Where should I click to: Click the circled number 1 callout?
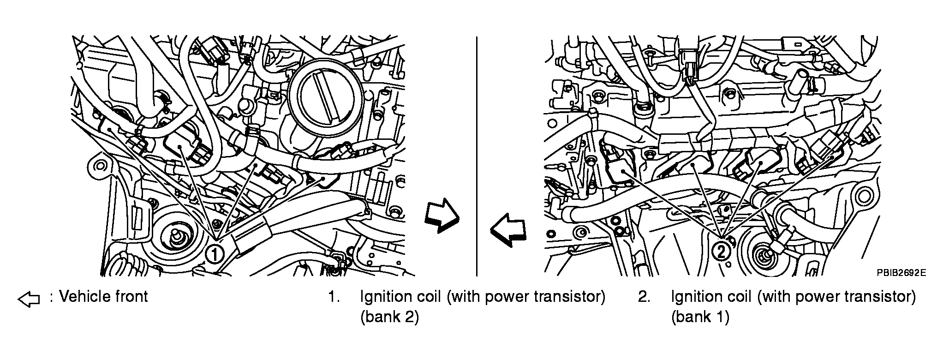point(215,254)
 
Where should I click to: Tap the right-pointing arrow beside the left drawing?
point(442,216)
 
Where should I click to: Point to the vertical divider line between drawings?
point(477,157)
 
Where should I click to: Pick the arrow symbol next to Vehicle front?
point(29,299)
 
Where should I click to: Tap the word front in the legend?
point(131,296)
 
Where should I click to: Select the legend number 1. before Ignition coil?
point(334,297)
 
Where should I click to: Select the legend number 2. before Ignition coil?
point(644,297)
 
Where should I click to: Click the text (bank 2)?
point(389,318)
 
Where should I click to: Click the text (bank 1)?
point(700,318)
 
